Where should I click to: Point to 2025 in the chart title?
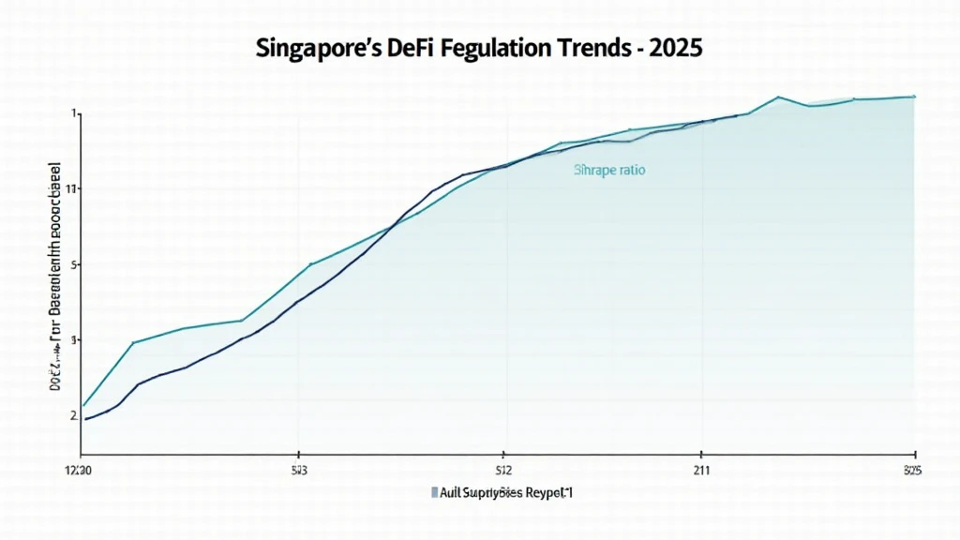pyautogui.click(x=680, y=50)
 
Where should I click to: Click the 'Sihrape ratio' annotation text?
pyautogui.click(x=609, y=172)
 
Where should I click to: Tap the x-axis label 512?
pyautogui.click(x=503, y=470)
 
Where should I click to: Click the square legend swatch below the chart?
pyautogui.click(x=434, y=492)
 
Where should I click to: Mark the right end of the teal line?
pyautogui.click(x=914, y=97)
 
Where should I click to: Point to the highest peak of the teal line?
pyautogui.click(x=778, y=97)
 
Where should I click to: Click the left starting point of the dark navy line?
pyautogui.click(x=85, y=419)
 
